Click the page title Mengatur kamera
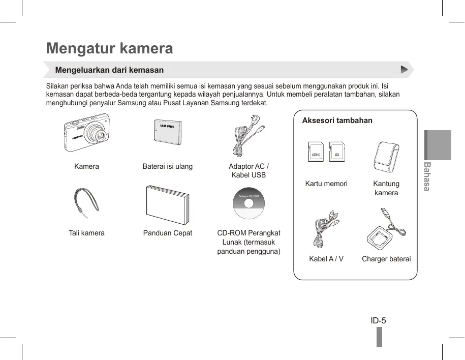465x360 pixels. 110,48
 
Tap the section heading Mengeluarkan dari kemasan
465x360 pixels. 109,70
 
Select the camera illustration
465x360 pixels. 86,135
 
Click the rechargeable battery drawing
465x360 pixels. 167,134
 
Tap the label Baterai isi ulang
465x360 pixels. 167,166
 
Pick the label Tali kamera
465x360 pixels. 86,233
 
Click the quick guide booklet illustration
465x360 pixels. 167,204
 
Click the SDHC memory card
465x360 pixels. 316,152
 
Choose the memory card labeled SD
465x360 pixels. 336,152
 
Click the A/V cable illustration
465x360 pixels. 326,229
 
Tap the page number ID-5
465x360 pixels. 378,320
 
